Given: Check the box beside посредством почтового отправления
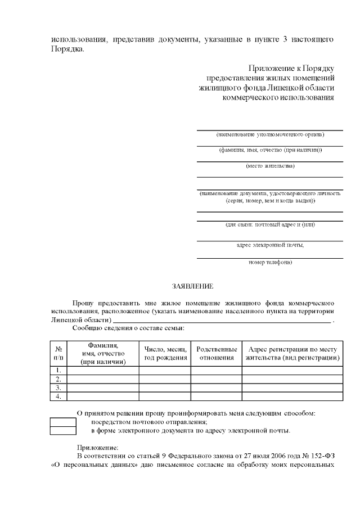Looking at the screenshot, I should [63, 422].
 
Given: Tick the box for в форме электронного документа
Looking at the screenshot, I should [63, 431].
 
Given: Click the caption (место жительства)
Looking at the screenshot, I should [270, 166].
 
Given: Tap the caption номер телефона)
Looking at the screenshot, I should [270, 263].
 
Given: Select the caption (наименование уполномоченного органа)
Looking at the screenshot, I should [270, 135].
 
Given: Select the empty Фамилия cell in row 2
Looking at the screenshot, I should [103, 379].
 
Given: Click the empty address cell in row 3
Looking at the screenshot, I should [292, 388].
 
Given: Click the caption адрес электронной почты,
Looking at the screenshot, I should [270, 245].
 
